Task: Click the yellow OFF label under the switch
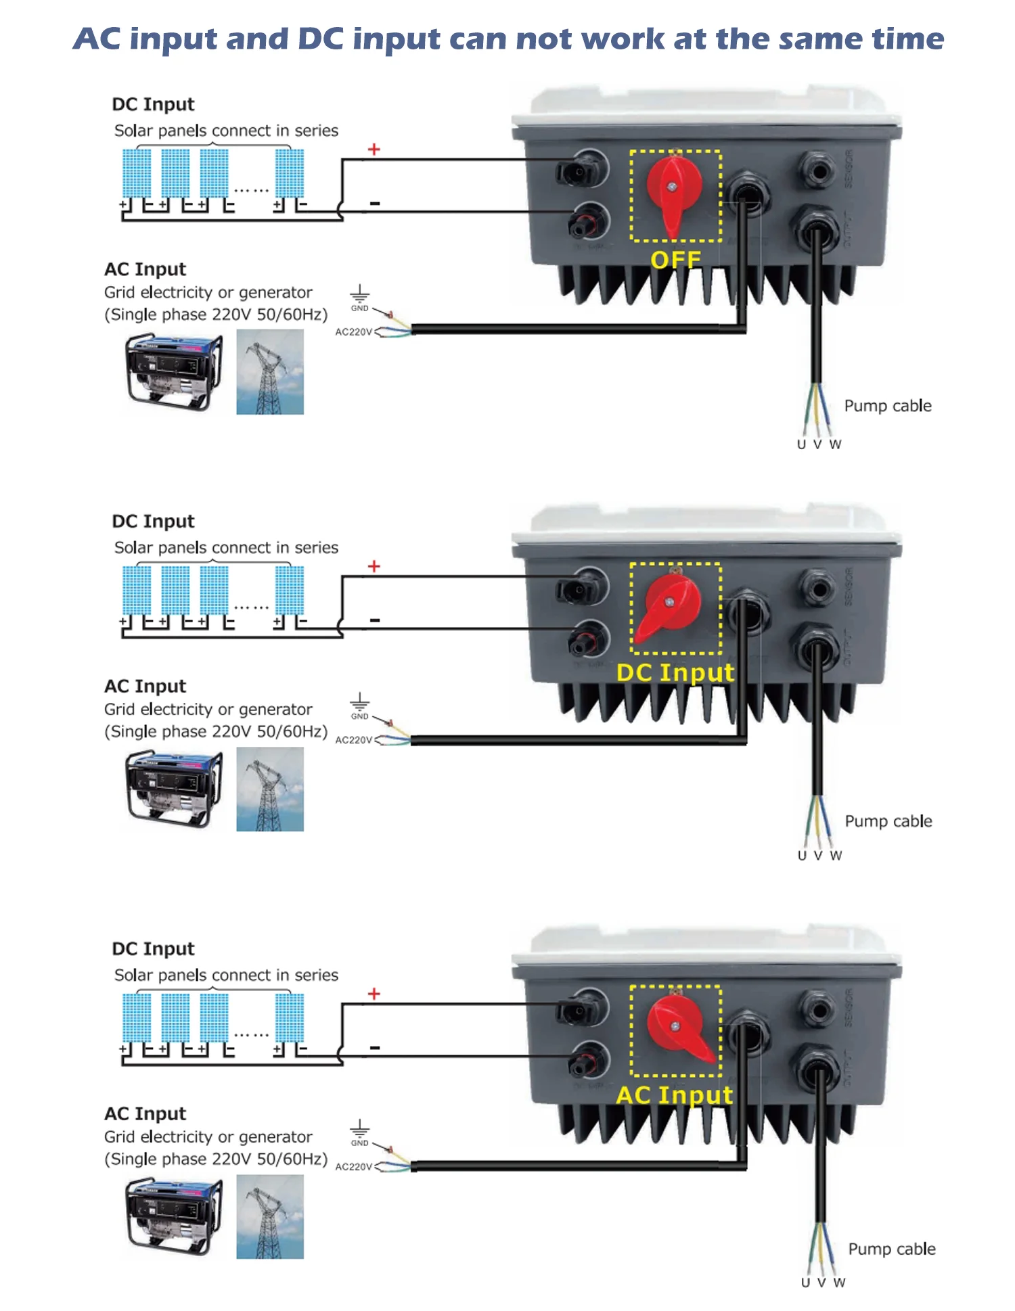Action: [675, 260]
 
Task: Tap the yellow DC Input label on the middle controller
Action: [675, 672]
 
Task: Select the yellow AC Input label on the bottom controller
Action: [675, 1095]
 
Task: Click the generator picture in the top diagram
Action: [173, 371]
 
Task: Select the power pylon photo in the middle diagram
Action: [270, 789]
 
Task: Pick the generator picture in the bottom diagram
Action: [173, 1216]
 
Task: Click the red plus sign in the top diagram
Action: [374, 149]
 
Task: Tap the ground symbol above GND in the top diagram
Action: [359, 294]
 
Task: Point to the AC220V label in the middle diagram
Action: [353, 740]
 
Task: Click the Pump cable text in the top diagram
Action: [888, 406]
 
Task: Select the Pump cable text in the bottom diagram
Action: [892, 1249]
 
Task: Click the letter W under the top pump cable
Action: [836, 444]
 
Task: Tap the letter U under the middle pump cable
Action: [802, 856]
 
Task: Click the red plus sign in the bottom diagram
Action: [374, 994]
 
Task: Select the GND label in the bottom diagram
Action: [359, 1143]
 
